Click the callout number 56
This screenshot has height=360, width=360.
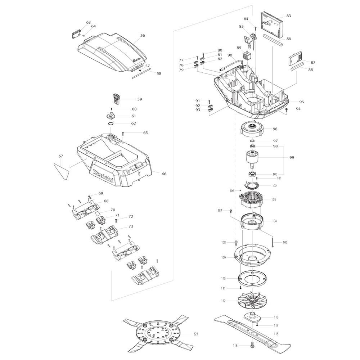point(143,35)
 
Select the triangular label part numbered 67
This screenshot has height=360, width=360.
point(61,171)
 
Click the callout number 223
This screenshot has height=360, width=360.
point(195,334)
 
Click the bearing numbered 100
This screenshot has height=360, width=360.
point(253,174)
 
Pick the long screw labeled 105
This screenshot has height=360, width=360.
point(272,242)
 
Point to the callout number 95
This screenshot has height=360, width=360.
point(301,102)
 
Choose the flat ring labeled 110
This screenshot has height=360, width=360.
point(253,279)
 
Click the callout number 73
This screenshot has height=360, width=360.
point(131,226)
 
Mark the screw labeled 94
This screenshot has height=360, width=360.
point(287,110)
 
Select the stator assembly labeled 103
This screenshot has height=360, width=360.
point(251,200)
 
